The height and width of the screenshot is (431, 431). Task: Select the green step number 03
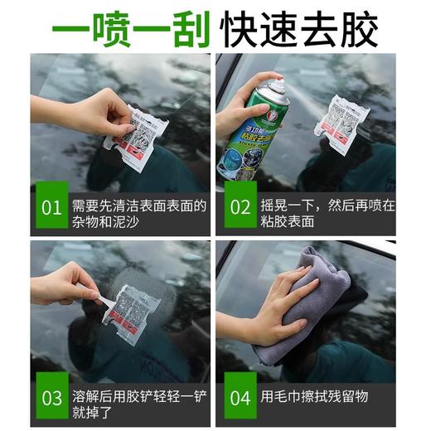click(51, 398)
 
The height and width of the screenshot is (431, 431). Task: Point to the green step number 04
click(240, 398)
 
